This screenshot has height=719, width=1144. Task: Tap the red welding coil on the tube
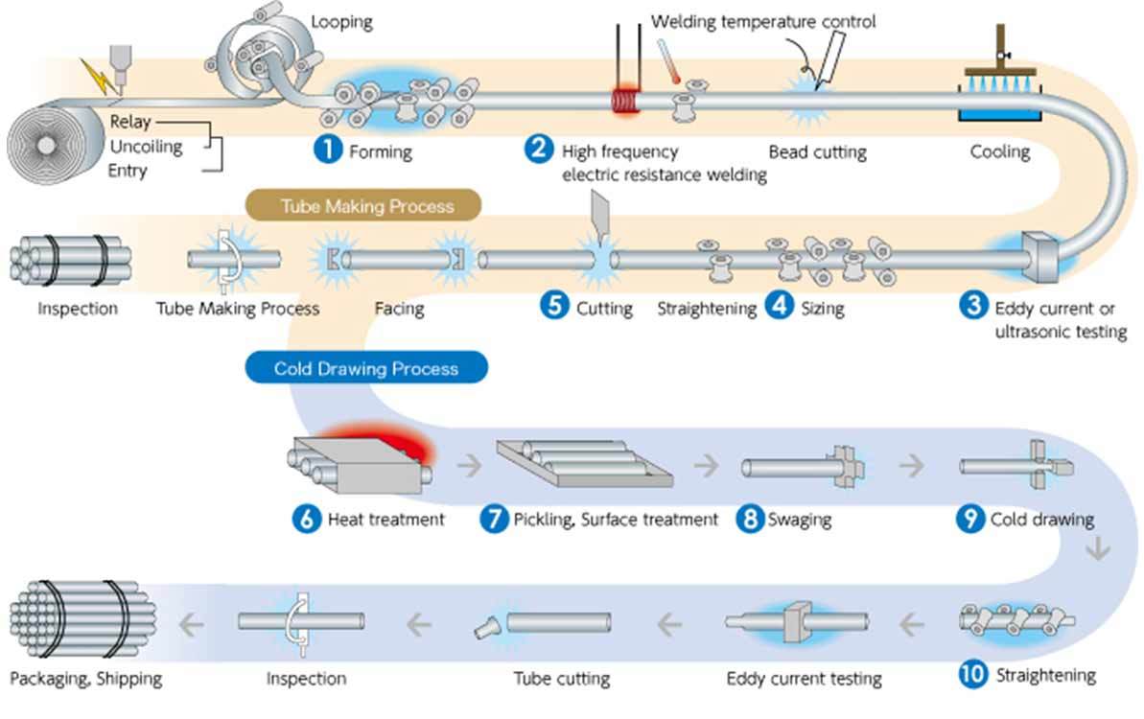point(625,101)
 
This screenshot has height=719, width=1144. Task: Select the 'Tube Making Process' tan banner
point(363,206)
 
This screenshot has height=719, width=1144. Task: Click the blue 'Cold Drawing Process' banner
point(366,367)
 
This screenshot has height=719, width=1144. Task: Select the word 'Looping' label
point(341,22)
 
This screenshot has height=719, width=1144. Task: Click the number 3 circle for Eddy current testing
point(973,305)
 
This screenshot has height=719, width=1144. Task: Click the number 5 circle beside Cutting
point(554,305)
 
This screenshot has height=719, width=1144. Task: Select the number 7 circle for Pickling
point(494,519)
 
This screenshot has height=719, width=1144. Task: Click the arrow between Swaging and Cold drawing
point(911,465)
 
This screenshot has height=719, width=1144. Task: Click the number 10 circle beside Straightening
point(973,674)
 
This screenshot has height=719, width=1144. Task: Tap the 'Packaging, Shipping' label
point(86,679)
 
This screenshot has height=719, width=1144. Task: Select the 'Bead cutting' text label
point(818,152)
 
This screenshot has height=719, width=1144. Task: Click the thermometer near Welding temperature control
point(668,61)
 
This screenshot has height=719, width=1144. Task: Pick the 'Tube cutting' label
point(562,679)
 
